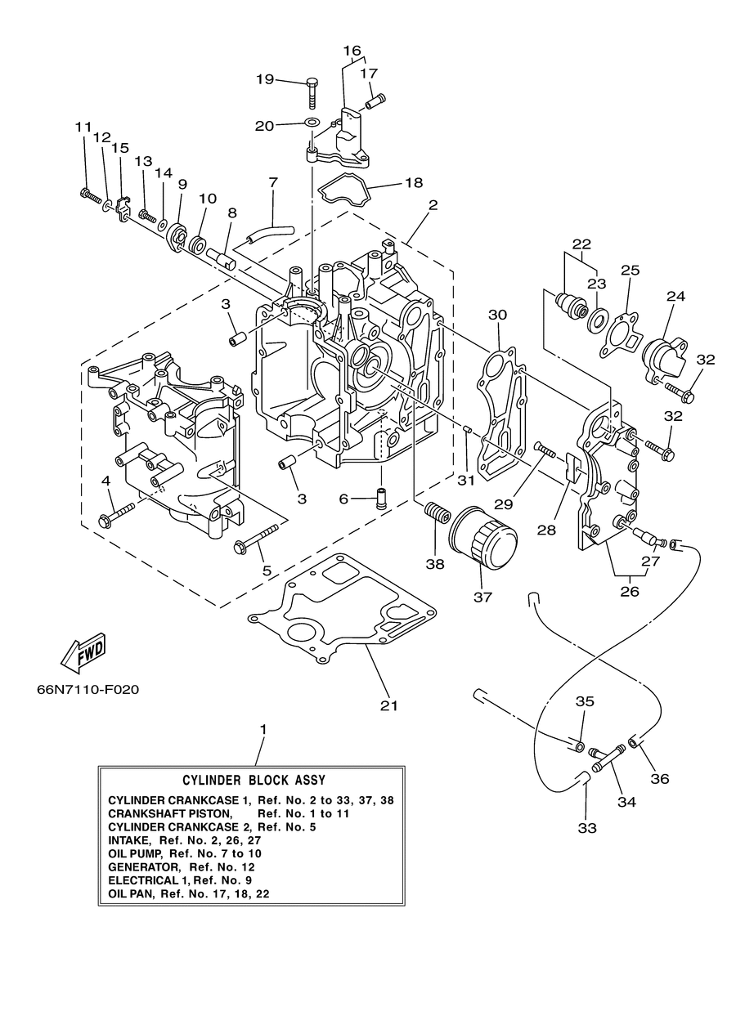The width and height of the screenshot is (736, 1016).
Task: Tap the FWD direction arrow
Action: (x=83, y=653)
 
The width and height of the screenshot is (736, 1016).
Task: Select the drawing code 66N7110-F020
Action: (x=88, y=690)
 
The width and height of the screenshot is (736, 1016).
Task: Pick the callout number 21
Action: (x=389, y=705)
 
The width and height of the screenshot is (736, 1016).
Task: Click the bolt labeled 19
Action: (x=312, y=93)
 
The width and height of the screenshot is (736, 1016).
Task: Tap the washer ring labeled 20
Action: (x=312, y=123)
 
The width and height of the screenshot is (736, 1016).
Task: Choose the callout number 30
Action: (x=497, y=315)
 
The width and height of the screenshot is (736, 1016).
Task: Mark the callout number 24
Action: (x=675, y=296)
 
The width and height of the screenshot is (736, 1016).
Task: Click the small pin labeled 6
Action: (x=381, y=498)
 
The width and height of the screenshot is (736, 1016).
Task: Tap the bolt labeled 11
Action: (x=91, y=196)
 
